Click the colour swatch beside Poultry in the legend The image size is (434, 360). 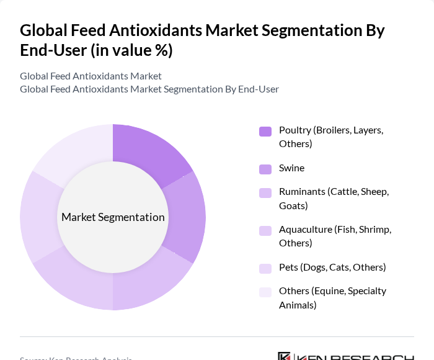[265, 131]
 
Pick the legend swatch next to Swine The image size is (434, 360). [265, 169]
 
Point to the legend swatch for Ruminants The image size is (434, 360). [265, 193]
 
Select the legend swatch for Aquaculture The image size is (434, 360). [265, 231]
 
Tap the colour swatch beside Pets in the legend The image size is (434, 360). [265, 268]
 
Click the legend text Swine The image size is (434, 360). [291, 168]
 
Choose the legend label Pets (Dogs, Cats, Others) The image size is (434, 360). [332, 268]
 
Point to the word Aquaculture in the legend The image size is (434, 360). [305, 230]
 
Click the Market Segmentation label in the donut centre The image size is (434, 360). [113, 217]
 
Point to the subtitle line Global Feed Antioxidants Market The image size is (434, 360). [91, 76]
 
